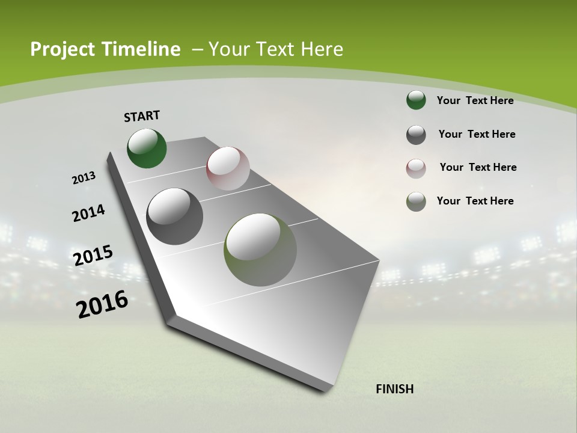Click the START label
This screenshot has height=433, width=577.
pyautogui.click(x=142, y=116)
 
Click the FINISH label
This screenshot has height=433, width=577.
pyautogui.click(x=394, y=389)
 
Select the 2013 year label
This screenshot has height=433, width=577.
pyautogui.click(x=84, y=178)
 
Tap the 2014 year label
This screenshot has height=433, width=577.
pyautogui.click(x=88, y=213)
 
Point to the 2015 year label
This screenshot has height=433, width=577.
pyautogui.click(x=93, y=255)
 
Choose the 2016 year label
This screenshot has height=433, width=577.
pyautogui.click(x=102, y=304)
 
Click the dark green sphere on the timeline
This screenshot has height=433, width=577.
pyautogui.click(x=147, y=149)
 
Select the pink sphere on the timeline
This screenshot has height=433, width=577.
pyautogui.click(x=228, y=168)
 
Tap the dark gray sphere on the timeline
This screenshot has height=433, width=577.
pyautogui.click(x=174, y=216)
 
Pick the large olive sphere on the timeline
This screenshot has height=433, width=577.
pyautogui.click(x=260, y=250)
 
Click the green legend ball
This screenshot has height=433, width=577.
pyautogui.click(x=416, y=100)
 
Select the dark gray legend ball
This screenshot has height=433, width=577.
pyautogui.click(x=416, y=135)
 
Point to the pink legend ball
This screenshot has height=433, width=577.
pyautogui.click(x=416, y=168)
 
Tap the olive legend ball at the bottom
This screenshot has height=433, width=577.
pyautogui.click(x=416, y=201)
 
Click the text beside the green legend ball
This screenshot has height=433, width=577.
pyautogui.click(x=475, y=100)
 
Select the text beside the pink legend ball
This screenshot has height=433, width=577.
pyautogui.click(x=478, y=167)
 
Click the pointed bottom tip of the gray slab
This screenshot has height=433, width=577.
pyautogui.click(x=326, y=390)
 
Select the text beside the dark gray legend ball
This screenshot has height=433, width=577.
pyautogui.click(x=477, y=134)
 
